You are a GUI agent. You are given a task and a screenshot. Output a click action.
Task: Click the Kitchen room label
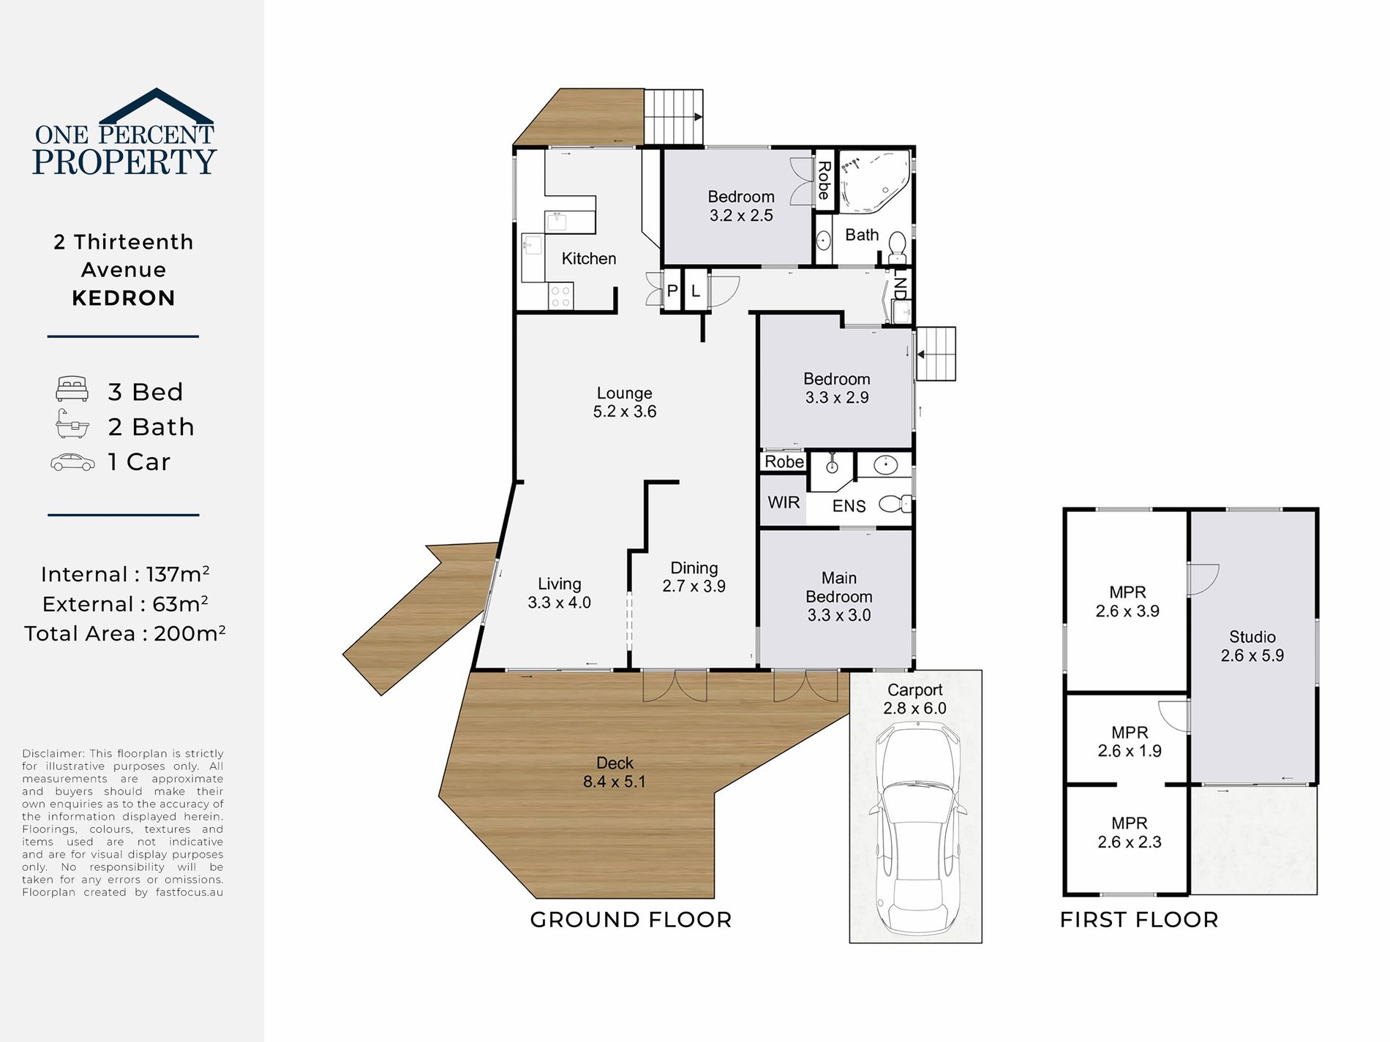point(588,258)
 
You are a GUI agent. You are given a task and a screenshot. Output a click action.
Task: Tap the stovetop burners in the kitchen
point(560,297)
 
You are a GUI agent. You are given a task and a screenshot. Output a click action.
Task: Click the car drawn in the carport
point(917,826)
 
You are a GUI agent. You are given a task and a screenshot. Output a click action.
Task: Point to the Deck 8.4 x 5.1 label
point(614,772)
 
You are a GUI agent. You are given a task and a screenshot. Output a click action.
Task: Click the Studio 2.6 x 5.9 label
point(1252,646)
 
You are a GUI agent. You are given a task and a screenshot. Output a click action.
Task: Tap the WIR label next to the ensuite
point(784,502)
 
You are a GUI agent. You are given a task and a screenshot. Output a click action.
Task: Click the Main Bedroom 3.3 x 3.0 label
point(838,597)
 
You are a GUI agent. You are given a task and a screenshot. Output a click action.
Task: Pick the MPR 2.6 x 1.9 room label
point(1129,741)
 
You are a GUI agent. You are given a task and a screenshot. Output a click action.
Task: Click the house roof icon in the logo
point(156,105)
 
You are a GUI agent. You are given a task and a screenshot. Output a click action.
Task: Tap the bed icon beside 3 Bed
point(72,389)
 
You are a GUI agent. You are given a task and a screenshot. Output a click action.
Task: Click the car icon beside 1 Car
point(72,462)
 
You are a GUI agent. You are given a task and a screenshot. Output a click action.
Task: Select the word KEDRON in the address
point(124,298)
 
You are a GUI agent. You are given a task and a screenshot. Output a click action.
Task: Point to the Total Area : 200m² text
point(124,633)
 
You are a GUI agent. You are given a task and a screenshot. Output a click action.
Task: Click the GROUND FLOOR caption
point(631,920)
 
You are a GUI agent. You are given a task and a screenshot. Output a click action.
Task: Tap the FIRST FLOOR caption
point(1139,920)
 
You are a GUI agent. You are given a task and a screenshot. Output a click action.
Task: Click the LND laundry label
point(901,287)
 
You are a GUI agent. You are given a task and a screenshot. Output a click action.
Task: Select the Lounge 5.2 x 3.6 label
point(624,402)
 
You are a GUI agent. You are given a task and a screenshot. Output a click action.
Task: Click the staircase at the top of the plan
point(673,117)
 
